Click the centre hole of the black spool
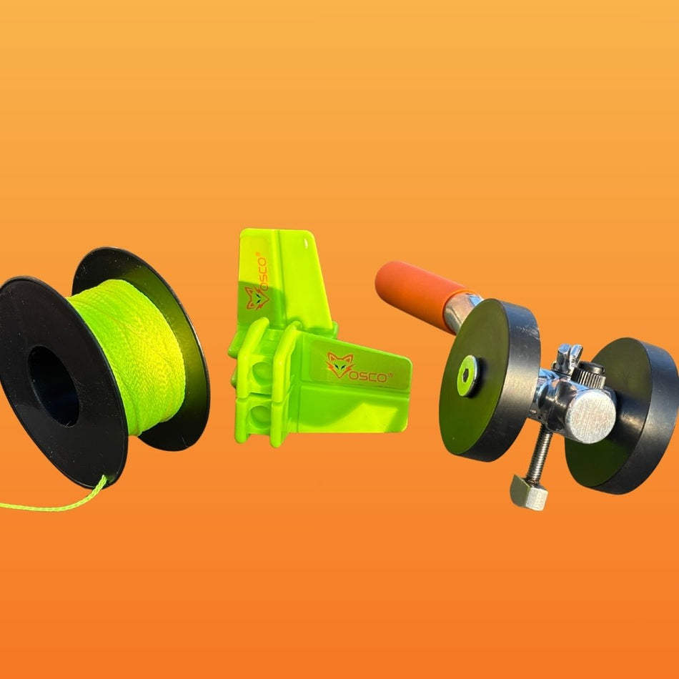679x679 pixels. pyautogui.click(x=54, y=385)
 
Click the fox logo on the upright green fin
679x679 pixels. pyautogui.click(x=257, y=297)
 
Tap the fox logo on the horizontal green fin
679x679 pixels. pyautogui.click(x=340, y=365)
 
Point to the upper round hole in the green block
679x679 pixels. pyautogui.click(x=261, y=371)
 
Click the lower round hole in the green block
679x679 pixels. pyautogui.click(x=261, y=415)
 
